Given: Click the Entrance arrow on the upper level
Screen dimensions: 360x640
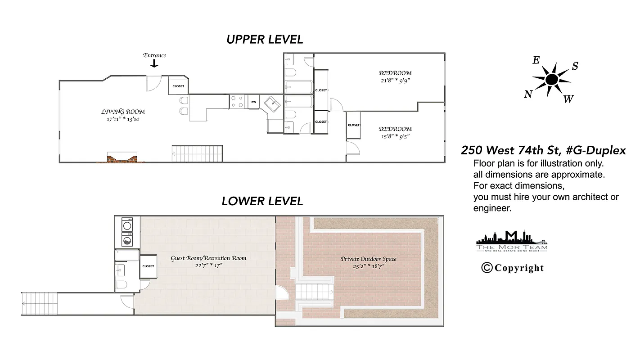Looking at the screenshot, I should point(154,63).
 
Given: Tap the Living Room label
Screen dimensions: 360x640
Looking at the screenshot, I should point(123,112).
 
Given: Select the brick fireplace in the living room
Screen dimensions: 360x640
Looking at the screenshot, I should point(122,157).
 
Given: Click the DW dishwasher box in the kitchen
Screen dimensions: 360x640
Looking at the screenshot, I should point(254,102).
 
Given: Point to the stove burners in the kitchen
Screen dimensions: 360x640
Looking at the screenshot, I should point(237,101).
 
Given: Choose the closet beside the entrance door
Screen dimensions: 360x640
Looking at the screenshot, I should point(178,86).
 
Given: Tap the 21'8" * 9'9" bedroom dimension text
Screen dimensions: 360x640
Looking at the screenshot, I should point(395,81).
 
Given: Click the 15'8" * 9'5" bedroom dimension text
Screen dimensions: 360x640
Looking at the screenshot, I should point(395,136).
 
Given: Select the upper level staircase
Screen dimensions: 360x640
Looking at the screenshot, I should point(198,153).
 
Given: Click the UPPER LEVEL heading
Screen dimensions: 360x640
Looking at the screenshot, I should point(265,40).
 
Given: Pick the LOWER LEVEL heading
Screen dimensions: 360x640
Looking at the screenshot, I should point(262,201).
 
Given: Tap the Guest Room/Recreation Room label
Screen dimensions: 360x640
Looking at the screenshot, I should point(208,258).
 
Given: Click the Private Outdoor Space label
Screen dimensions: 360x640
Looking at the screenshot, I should point(368,259).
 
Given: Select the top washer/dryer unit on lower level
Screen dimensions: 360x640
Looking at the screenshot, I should point(128,224).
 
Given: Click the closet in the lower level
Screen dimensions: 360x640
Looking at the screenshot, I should point(148,266).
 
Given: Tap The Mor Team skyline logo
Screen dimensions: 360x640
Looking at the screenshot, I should point(512,241).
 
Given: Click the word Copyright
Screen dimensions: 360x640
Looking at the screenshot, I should point(519,268).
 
